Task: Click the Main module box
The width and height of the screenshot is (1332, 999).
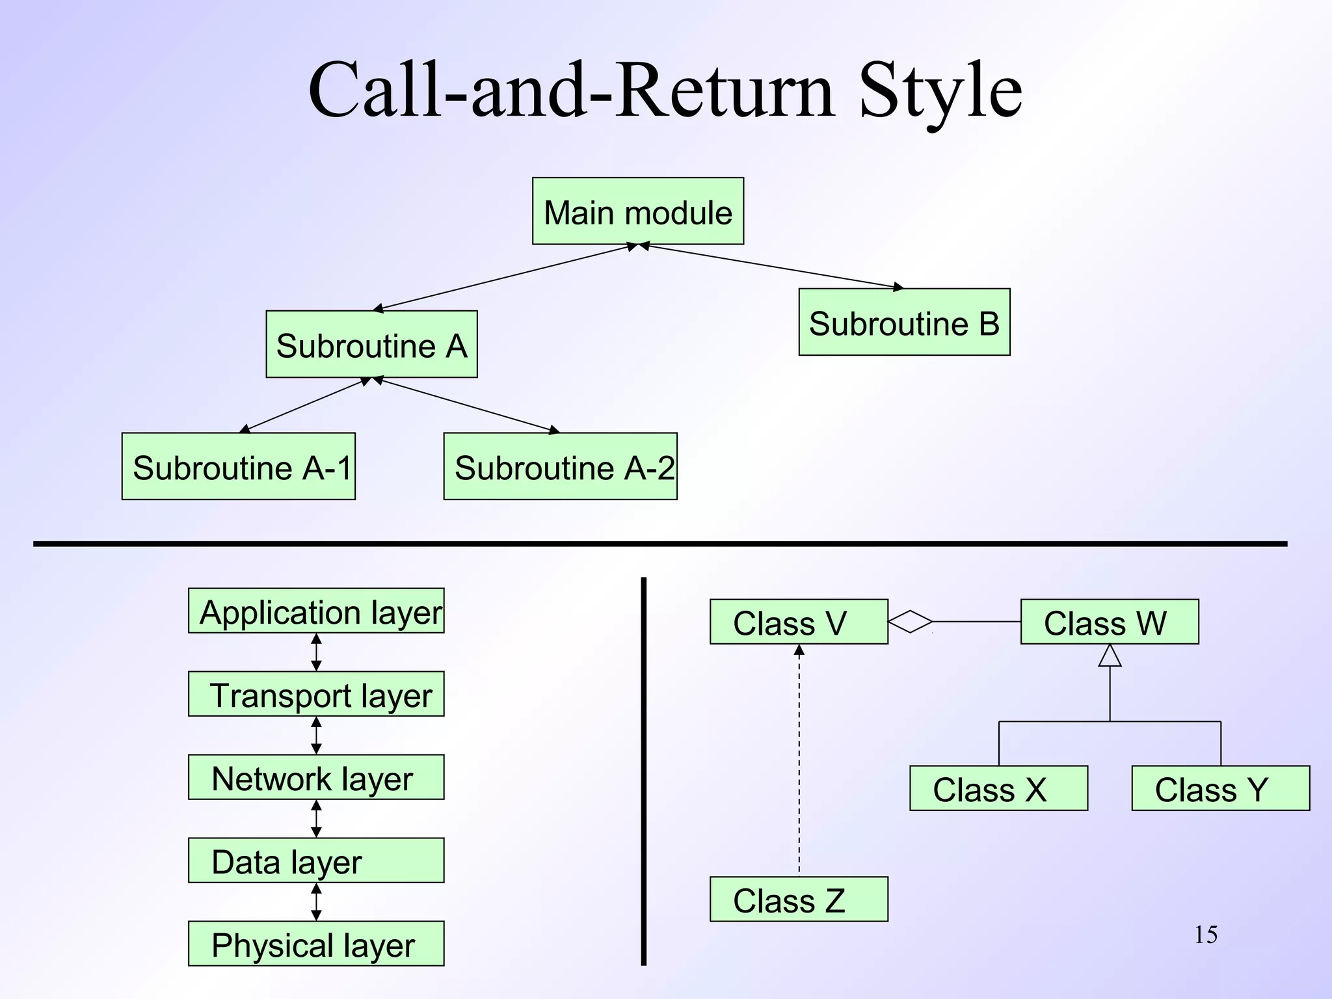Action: [x=637, y=211]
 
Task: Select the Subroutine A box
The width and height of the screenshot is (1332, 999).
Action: [x=371, y=344]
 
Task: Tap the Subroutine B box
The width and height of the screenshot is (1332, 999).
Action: [x=904, y=322]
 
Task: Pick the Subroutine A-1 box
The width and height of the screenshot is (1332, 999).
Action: [x=238, y=466]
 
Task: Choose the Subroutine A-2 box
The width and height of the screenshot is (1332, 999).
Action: [x=560, y=466]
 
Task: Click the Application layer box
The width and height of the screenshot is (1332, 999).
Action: [x=316, y=611]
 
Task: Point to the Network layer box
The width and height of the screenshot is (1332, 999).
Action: [x=316, y=777]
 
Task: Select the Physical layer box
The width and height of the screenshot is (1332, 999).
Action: [x=316, y=944]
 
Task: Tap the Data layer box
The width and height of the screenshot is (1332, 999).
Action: [x=316, y=860]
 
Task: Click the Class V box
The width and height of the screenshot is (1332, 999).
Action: [x=799, y=622]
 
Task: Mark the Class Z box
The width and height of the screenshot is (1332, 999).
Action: [x=799, y=899]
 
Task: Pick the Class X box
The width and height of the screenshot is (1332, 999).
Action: [x=998, y=788]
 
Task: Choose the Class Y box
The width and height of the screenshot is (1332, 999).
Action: [x=1220, y=788]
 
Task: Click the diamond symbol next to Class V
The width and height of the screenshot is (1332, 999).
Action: [x=910, y=622]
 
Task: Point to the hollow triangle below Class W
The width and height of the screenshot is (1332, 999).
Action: [x=1110, y=656]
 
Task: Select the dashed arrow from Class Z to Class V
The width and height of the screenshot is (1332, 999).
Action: [x=799, y=761]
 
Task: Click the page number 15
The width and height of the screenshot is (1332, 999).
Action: [x=1205, y=935]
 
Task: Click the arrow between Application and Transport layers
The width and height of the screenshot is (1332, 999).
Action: [x=316, y=652]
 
